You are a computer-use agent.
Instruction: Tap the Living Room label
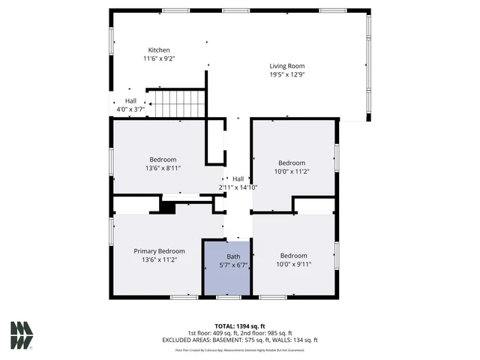pos(287,66)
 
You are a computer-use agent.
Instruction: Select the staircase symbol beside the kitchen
pos(177,102)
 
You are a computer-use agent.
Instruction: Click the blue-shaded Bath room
pos(228,268)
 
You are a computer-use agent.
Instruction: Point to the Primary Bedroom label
pos(159,251)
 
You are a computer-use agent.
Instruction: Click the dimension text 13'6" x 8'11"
pos(163,168)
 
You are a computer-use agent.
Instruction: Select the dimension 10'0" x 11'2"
pos(292,172)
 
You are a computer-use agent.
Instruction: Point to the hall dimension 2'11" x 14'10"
pos(238,187)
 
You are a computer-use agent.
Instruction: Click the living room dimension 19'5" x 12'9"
pos(287,74)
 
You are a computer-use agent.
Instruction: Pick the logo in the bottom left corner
pos(22,335)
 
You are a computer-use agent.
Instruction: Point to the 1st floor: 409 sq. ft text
pos(214,333)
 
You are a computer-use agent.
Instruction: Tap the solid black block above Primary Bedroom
pos(168,208)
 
